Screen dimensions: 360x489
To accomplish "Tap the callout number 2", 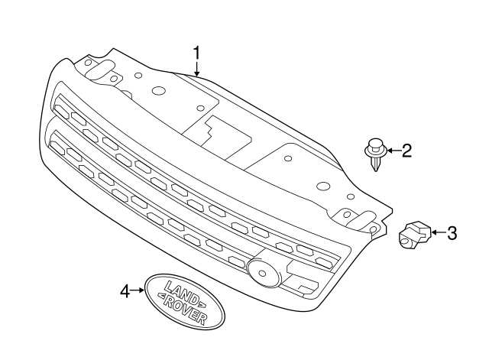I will [x=406, y=151].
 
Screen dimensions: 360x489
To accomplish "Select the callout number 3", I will [x=452, y=232].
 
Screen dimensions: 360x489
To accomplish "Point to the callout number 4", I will [x=125, y=290].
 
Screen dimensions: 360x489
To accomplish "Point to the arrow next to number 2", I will [x=391, y=151].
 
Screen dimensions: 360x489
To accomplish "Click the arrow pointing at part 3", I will [x=436, y=232].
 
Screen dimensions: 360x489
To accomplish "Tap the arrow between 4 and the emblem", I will [x=138, y=290].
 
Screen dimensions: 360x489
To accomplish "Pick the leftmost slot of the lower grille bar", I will [x=58, y=139].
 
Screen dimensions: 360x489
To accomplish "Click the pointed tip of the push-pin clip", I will [x=374, y=170].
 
